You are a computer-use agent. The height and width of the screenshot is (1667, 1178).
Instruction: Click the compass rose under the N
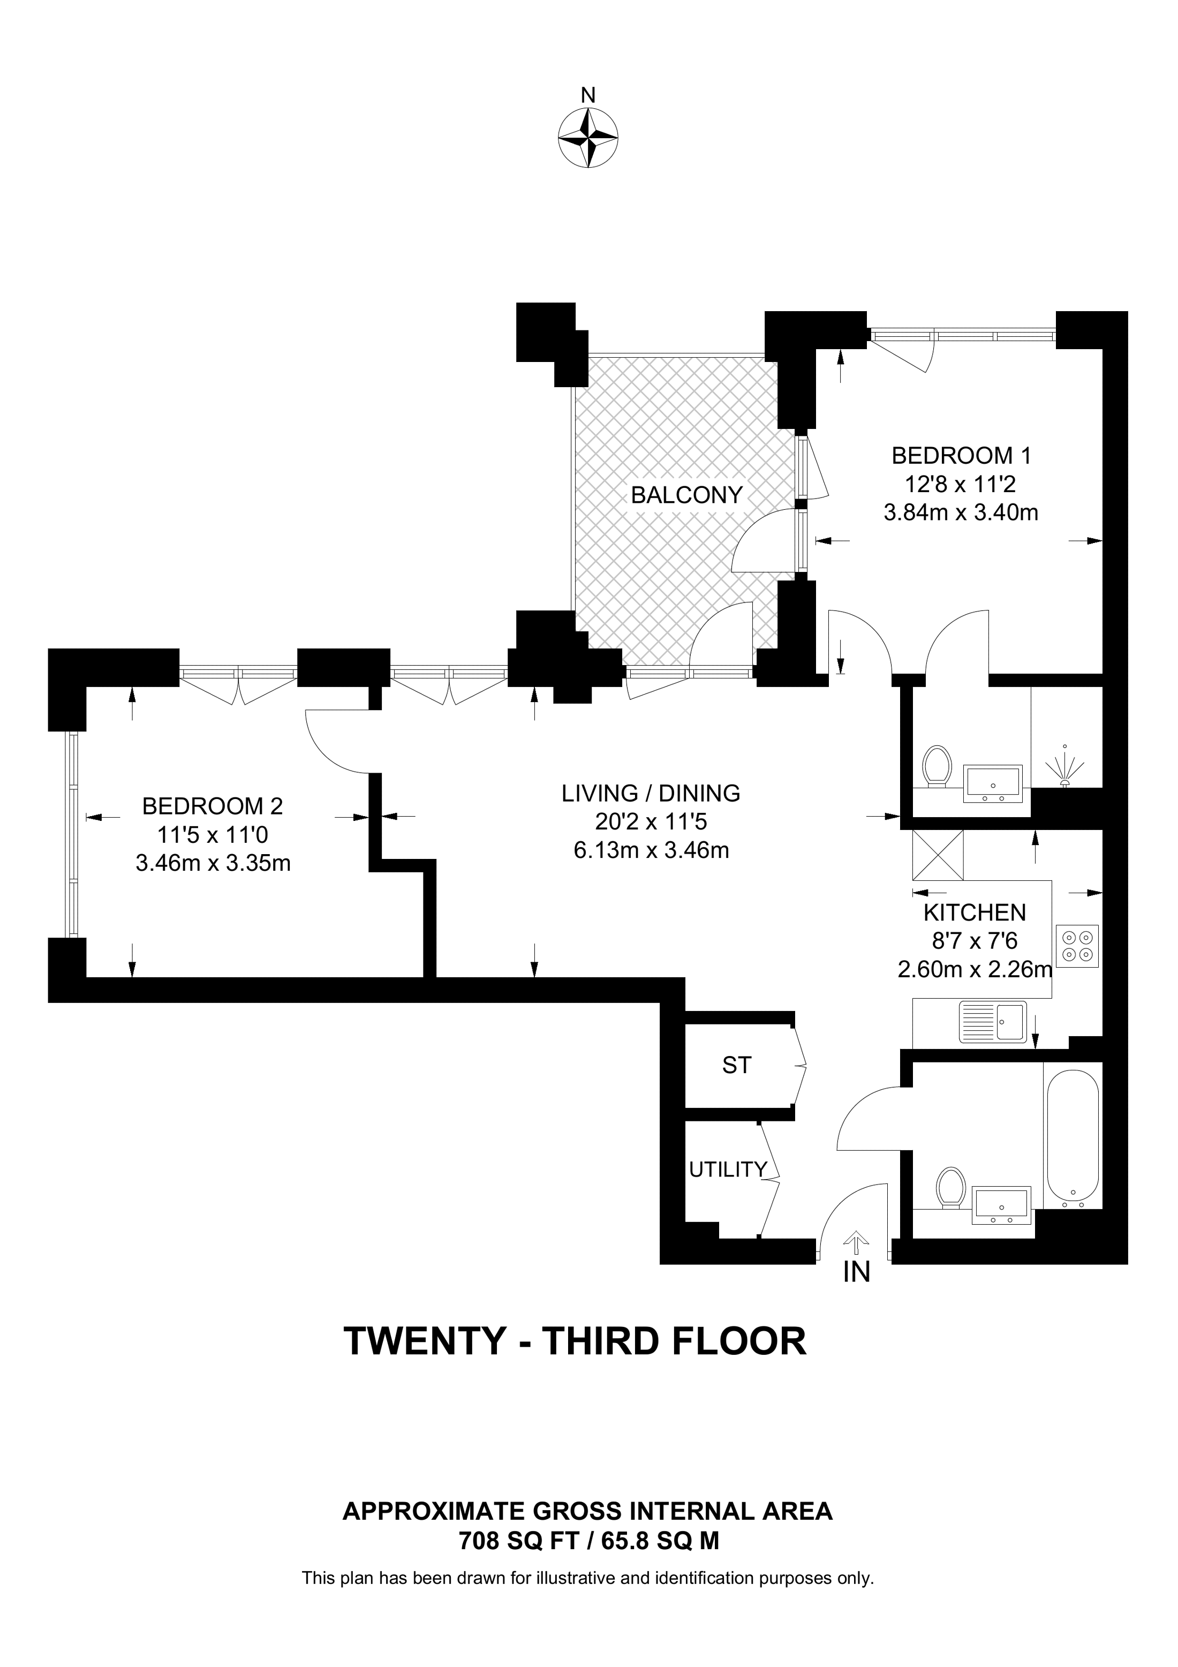pyautogui.click(x=588, y=138)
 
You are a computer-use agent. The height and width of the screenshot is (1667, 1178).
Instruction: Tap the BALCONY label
pyautogui.click(x=686, y=495)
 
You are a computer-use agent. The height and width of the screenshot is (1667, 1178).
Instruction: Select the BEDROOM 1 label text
pyautogui.click(x=961, y=456)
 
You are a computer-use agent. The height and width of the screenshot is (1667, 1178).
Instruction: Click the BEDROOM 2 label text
pyautogui.click(x=213, y=806)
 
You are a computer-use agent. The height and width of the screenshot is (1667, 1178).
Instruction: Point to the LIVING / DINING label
pyautogui.click(x=651, y=793)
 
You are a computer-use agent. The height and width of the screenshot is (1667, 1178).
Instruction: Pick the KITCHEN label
pyautogui.click(x=975, y=912)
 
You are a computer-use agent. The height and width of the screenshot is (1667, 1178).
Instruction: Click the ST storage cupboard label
pyautogui.click(x=737, y=1065)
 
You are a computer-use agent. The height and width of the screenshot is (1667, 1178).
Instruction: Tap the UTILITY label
pyautogui.click(x=728, y=1169)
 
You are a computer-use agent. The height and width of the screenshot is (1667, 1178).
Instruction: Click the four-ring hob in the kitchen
pyautogui.click(x=1077, y=946)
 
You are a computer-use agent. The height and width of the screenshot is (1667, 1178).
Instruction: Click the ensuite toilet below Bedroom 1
pyautogui.click(x=937, y=766)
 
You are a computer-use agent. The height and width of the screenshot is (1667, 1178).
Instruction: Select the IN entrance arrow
pyautogui.click(x=857, y=1243)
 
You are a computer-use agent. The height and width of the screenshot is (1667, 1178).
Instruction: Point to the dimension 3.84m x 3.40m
pyautogui.click(x=961, y=512)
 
